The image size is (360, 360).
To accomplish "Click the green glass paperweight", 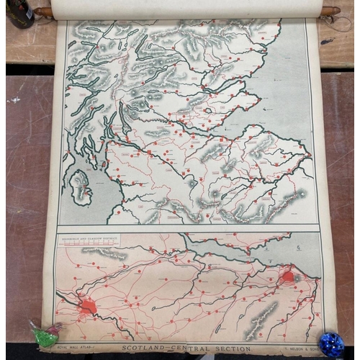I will coord(45,334).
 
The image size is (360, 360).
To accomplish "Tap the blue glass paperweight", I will coord(332,343).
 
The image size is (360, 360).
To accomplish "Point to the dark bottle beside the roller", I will coord(17,13).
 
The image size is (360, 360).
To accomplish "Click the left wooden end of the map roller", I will coord(43,12).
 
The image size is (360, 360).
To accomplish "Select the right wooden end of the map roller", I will coord(330,11).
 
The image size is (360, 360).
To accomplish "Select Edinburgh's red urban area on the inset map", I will coord(288,276).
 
